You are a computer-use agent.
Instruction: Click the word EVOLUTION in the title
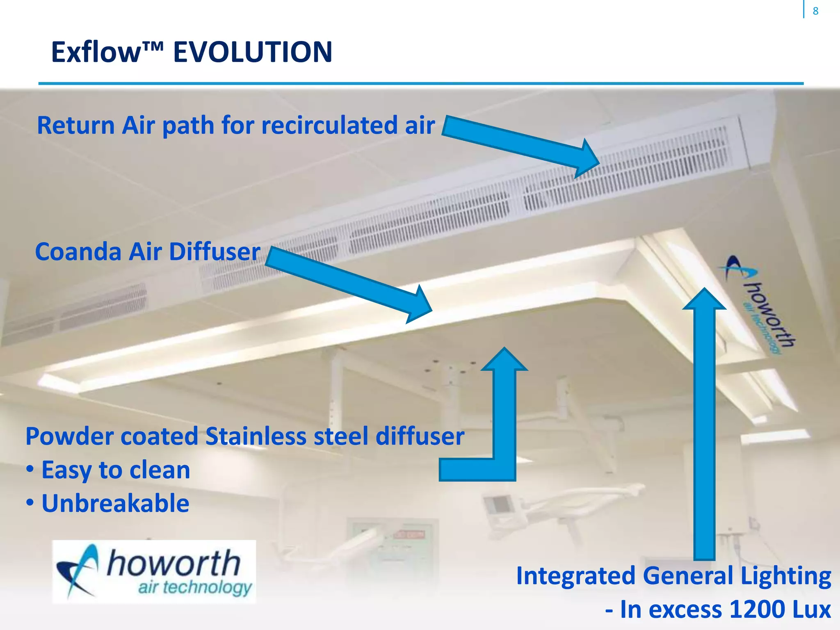[x=253, y=52]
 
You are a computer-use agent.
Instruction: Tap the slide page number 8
[x=815, y=11]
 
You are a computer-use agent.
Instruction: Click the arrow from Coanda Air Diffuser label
[x=349, y=283]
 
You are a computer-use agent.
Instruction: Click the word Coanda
[x=78, y=251]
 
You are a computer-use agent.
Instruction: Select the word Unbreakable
[x=115, y=503]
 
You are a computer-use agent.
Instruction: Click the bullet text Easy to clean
[x=116, y=470]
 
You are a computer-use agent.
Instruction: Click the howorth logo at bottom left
[x=154, y=572]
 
